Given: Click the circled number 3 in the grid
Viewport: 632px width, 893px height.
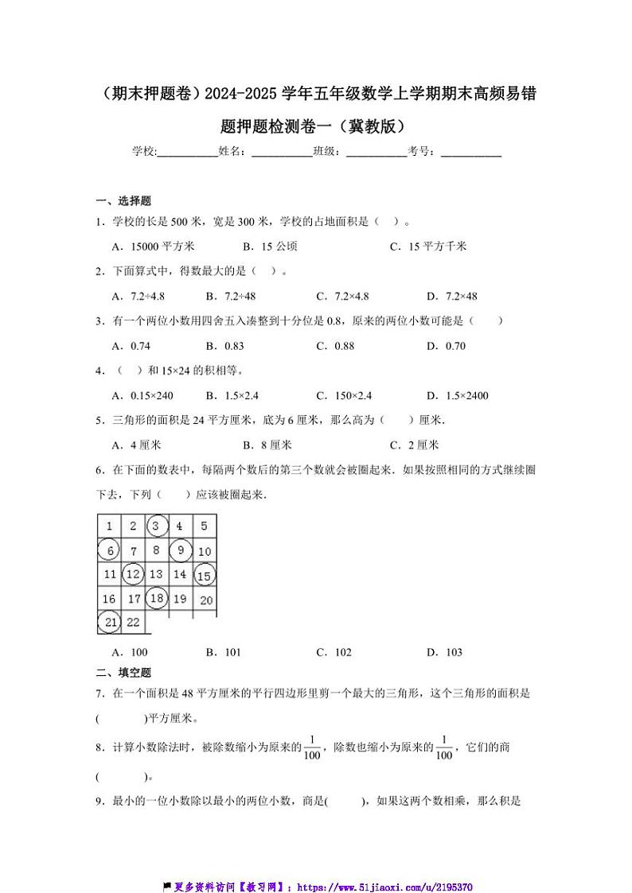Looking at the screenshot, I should click(157, 526).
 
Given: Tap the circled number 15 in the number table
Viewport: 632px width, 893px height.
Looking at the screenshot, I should click(204, 574).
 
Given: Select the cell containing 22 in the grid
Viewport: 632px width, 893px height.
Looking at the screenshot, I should click(133, 623).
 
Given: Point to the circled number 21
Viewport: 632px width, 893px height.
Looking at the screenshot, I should click(109, 623).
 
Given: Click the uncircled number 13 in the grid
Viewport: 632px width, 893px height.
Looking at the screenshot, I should click(156, 574).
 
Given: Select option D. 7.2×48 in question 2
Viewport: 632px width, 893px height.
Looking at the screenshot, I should click(451, 297).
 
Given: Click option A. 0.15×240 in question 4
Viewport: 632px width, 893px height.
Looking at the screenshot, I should click(143, 395).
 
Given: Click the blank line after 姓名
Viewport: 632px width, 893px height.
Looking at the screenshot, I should click(281, 152).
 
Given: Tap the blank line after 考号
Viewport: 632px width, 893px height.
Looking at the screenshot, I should click(470, 152).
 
